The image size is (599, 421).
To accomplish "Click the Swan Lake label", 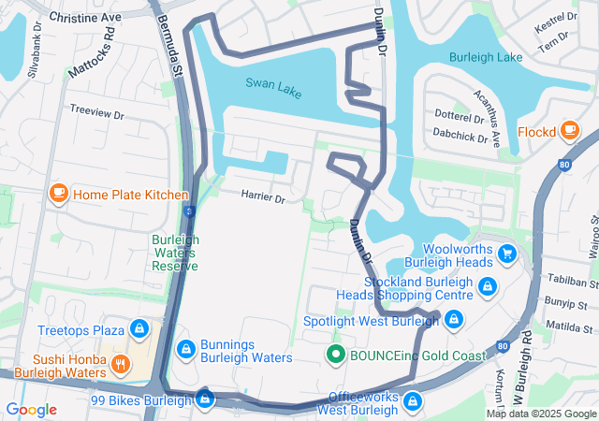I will point(274,83).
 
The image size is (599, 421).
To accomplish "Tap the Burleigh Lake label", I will point(485,57).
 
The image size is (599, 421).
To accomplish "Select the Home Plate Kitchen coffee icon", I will point(58,194).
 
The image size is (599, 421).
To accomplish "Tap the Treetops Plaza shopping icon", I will point(139,329).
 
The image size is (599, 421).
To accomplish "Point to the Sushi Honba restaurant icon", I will point(120,364).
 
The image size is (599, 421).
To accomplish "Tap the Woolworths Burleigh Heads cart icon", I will point(507,254).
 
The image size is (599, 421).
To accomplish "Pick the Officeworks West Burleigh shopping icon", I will point(413,402).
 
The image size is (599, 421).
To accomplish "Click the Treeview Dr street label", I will point(96,112).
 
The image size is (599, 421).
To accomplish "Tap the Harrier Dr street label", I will point(262,196).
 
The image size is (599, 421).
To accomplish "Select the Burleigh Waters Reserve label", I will point(175,252).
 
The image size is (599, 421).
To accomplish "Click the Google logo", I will point(32,409).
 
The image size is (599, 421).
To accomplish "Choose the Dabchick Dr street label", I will point(459,137).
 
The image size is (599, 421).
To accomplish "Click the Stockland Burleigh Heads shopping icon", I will point(487,288).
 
